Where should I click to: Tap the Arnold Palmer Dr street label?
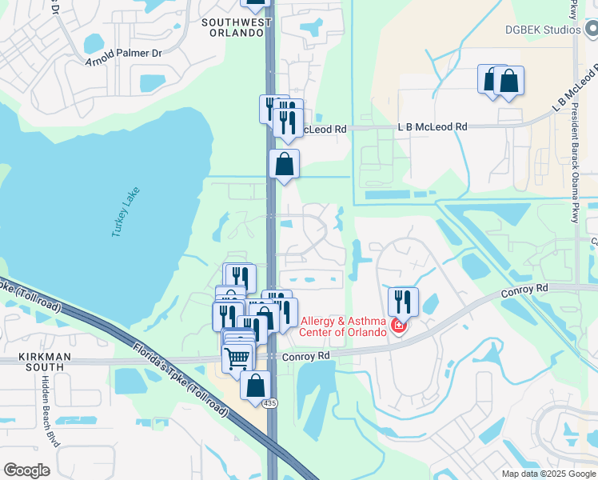coord(123,53)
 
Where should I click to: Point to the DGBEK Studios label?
coord(542,30)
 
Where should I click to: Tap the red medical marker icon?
coord(399,326)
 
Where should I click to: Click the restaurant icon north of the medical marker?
coord(403,302)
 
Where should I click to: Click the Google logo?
coord(26,470)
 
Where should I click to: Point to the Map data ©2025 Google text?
coord(548,474)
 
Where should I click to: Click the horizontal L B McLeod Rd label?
coord(433,127)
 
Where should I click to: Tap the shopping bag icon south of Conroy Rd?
coord(255,386)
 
